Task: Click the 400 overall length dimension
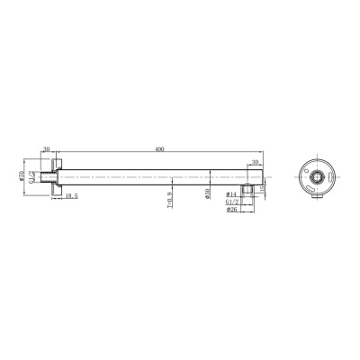[x=160, y=148]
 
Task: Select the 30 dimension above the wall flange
[x=45, y=149]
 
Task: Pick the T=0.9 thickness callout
[x=169, y=197]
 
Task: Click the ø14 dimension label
[x=231, y=193]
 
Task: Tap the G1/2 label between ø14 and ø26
[x=231, y=202]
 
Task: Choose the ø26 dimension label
[x=231, y=212]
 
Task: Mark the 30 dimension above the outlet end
[x=255, y=162]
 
